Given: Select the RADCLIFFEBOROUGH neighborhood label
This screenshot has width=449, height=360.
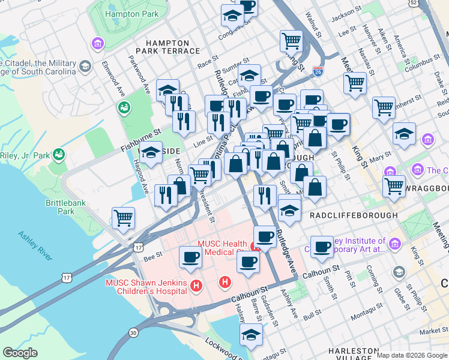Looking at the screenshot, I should pyautogui.click(x=354, y=215).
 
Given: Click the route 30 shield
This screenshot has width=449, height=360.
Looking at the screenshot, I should pyautogui.click(x=133, y=332).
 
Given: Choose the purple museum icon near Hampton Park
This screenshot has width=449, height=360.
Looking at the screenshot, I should pyautogui.click(x=97, y=43).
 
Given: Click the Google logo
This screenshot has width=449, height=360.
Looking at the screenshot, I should pyautogui.click(x=20, y=353).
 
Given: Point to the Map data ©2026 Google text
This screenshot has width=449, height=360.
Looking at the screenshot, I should pyautogui.click(x=412, y=355).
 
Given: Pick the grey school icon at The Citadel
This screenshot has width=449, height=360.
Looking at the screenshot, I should pyautogui.click(x=85, y=65).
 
